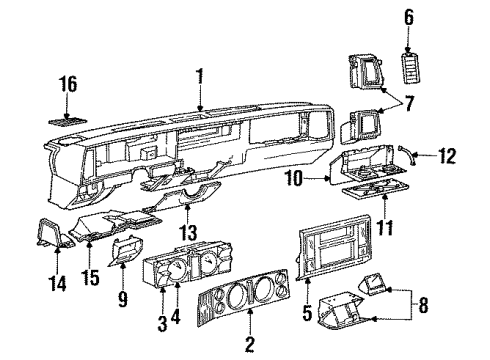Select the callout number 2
(248, 345)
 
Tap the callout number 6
(407, 16)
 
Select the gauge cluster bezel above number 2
(250, 304)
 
